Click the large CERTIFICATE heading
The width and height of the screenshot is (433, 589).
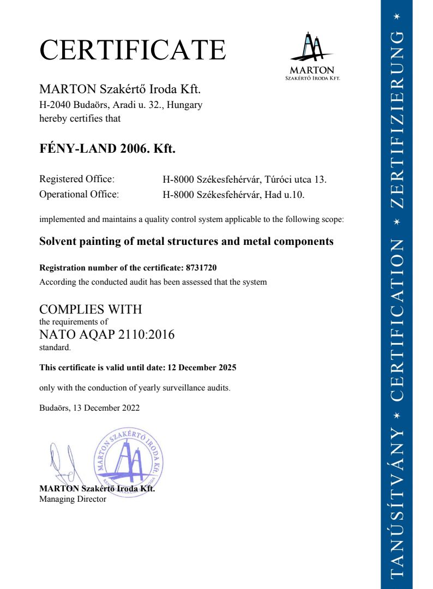133,50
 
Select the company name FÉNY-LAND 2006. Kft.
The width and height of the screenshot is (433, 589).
107,148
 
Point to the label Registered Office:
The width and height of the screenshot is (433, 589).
77,179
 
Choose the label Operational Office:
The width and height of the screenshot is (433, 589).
79,194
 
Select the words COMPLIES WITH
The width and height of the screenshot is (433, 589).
91,309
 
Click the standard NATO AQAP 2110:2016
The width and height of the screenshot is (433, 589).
107,334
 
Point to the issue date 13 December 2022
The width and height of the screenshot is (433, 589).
105,407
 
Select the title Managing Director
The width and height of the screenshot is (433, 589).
73,498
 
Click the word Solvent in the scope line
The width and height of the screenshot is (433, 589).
57,241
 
